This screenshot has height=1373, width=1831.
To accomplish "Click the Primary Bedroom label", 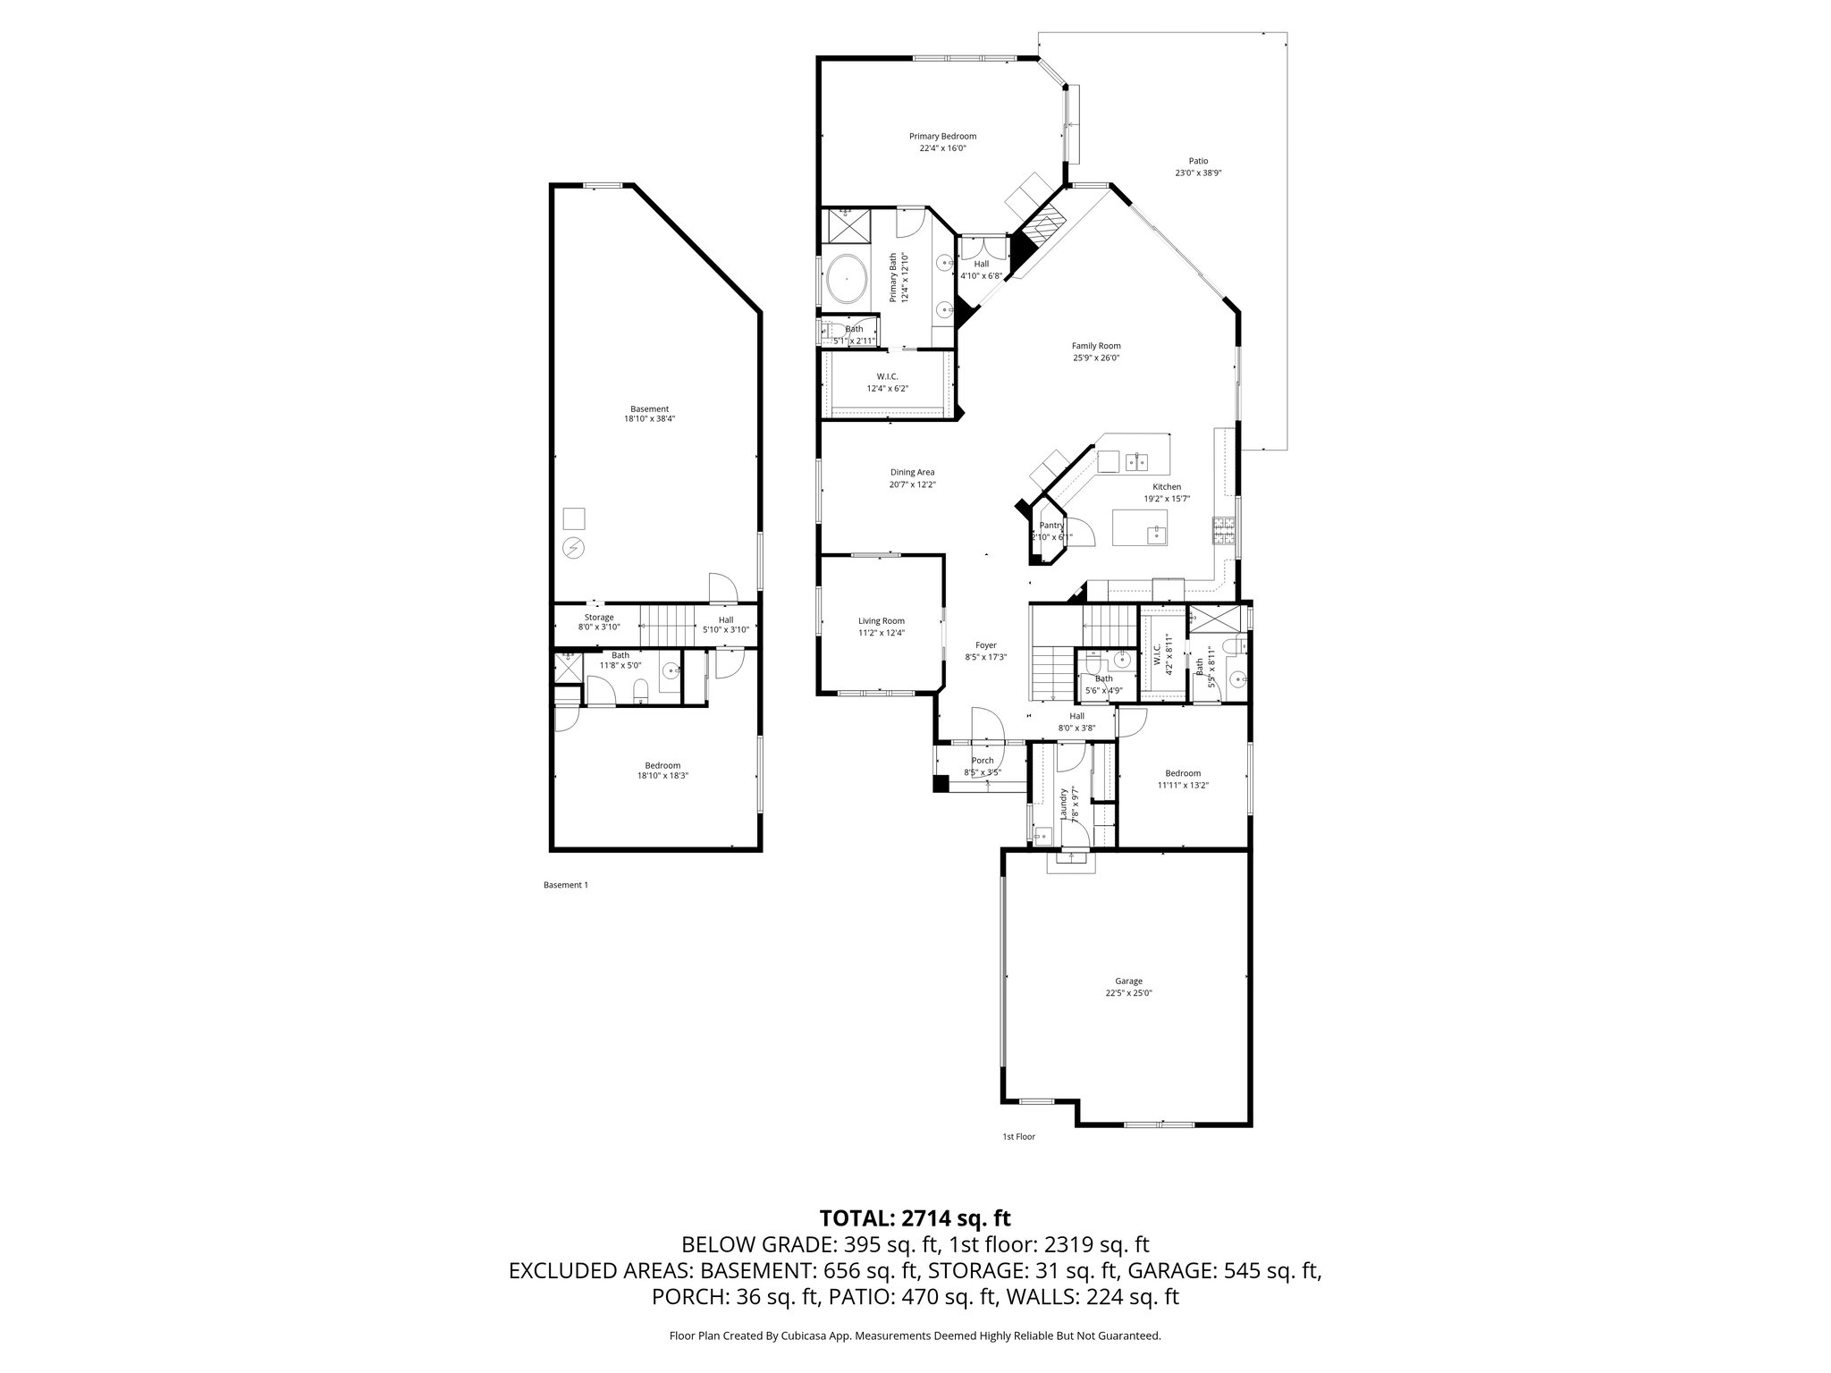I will (x=942, y=137).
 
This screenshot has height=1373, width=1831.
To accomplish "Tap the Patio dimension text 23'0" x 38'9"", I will (x=1197, y=173).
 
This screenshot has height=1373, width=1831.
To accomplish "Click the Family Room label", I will (x=1096, y=346).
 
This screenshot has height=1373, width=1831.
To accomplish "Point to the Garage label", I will (x=1128, y=981).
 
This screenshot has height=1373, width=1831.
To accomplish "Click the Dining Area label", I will (x=912, y=472).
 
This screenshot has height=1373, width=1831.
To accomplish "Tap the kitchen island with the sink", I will (x=1139, y=527).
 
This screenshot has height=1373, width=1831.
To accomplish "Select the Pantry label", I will (x=1051, y=526).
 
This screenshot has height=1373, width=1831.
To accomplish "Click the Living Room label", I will (x=882, y=621).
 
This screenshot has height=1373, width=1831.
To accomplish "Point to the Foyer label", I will (x=985, y=645).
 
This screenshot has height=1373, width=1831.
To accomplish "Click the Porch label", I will (x=983, y=761).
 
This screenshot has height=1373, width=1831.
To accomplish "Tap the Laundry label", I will (x=1063, y=804).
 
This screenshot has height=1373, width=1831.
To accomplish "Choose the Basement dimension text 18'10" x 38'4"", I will (x=649, y=418).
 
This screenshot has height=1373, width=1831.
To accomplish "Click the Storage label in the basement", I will (x=599, y=618).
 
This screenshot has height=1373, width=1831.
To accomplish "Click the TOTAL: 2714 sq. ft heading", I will (x=915, y=1217).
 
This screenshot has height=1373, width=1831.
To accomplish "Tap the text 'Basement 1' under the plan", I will (x=566, y=885).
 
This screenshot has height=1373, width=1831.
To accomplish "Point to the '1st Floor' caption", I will (x=1018, y=1137).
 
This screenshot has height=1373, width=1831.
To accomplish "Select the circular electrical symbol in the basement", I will (x=573, y=547).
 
